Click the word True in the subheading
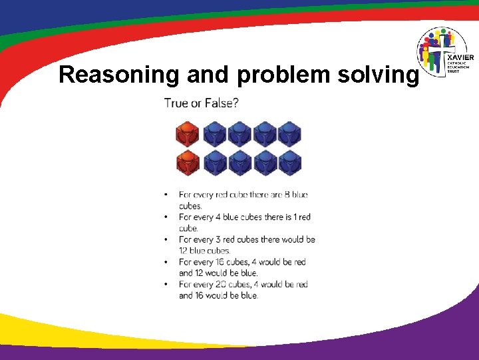pos(176,103)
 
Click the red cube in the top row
pos(187,133)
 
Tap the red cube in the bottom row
pos(187,163)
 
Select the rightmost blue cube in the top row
pos(289,133)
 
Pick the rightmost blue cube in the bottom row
pos(289,163)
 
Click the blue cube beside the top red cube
pos(215,133)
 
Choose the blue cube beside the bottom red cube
pos(215,163)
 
